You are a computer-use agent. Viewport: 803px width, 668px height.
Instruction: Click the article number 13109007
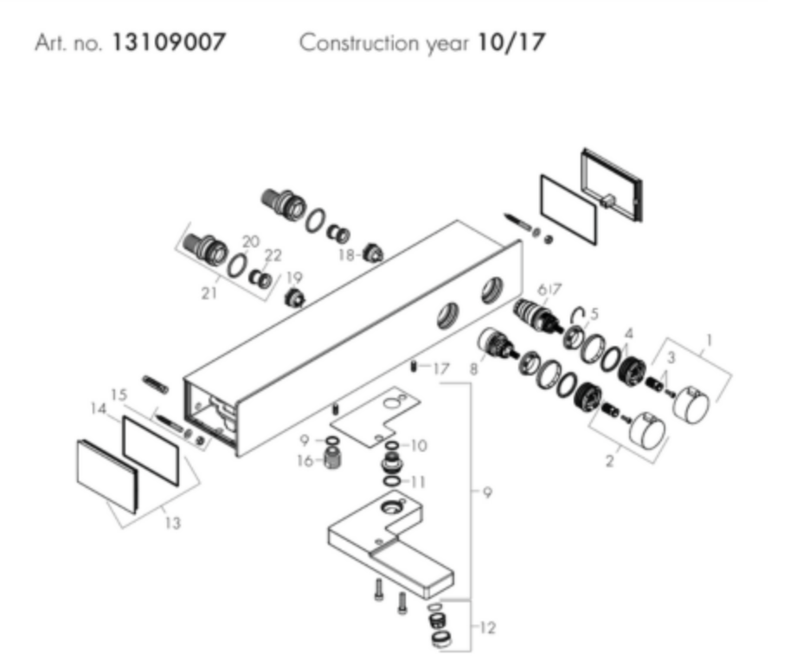pyautogui.click(x=167, y=43)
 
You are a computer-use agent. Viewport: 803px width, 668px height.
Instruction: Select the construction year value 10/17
pyautogui.click(x=511, y=43)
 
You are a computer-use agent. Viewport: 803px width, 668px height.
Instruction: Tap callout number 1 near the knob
pyautogui.click(x=710, y=341)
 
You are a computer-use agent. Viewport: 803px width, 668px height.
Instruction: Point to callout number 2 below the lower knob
pyautogui.click(x=609, y=461)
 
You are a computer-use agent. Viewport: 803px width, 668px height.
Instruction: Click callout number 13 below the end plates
pyautogui.click(x=172, y=523)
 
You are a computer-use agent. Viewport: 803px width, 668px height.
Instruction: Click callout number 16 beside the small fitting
pyautogui.click(x=305, y=461)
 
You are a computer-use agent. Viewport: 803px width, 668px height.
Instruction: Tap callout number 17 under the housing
pyautogui.click(x=441, y=369)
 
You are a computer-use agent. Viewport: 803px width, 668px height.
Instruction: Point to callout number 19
pyautogui.click(x=294, y=278)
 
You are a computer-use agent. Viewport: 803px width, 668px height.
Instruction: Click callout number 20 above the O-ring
pyautogui.click(x=250, y=241)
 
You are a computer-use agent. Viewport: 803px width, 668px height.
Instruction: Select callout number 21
pyautogui.click(x=208, y=293)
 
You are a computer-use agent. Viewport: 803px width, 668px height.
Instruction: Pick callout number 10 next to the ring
pyautogui.click(x=418, y=446)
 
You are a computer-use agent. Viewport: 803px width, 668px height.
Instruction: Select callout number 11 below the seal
pyautogui.click(x=418, y=481)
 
